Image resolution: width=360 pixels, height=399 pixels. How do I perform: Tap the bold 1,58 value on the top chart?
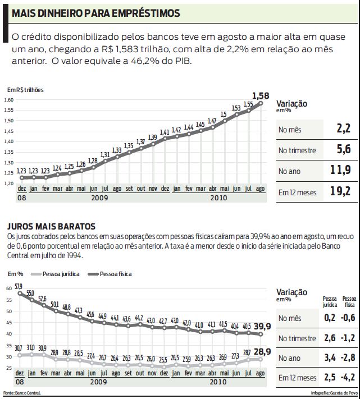click(261, 95)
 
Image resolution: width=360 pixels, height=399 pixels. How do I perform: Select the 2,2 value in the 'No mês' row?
click(343, 130)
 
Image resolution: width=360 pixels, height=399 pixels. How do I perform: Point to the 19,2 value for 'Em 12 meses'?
click(340, 192)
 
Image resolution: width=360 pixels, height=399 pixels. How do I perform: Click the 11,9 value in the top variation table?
click(340, 171)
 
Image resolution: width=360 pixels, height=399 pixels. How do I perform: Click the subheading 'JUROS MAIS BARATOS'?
click(51, 226)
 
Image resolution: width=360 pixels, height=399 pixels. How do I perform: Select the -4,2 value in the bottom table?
click(349, 377)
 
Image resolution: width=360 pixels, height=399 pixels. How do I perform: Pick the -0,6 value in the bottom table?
click(349, 318)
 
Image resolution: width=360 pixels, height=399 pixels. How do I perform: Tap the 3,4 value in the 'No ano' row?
click(330, 357)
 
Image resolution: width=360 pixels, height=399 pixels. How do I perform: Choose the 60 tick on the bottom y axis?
click(8, 288)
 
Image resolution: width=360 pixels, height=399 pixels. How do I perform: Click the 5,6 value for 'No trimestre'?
click(343, 150)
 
